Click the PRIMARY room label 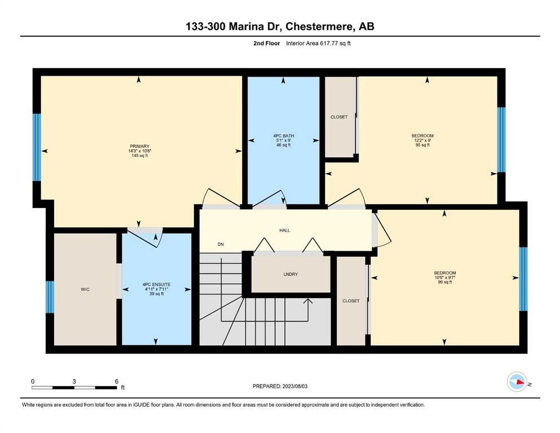coord(140,147)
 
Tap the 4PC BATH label coord(284,136)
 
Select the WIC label coord(85,289)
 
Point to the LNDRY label coord(290,274)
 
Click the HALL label coord(285,230)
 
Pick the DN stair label coord(221,245)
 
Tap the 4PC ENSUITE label coord(156,285)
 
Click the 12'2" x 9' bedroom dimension coord(422,140)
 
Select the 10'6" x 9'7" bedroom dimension coord(445,277)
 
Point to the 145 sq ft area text coord(140,156)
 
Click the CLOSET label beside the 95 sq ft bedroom coord(339,117)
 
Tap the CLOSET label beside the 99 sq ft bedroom coord(351,301)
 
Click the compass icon coord(517,382)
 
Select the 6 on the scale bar coord(117,381)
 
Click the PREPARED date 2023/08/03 coord(295,386)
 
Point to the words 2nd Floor coord(267,43)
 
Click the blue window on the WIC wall coord(50,297)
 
